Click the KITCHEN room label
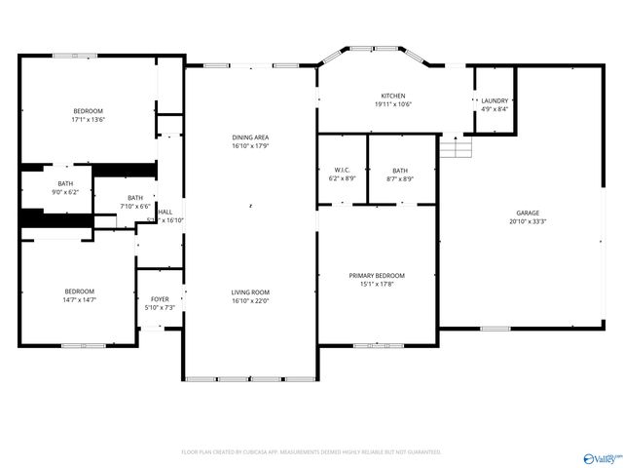[x=392, y=96]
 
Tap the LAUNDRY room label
[x=494, y=100]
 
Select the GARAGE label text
[x=528, y=213]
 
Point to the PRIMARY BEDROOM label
[x=377, y=276]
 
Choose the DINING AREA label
[x=250, y=137]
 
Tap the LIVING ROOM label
[x=250, y=292]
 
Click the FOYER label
[x=160, y=299]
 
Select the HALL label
[x=166, y=212]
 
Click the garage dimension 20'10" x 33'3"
[x=528, y=221]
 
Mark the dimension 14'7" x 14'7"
[x=80, y=300]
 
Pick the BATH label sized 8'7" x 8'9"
[x=400, y=178]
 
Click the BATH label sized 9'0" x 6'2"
[x=65, y=192]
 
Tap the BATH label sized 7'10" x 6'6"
[x=134, y=206]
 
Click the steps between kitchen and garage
[x=457, y=147]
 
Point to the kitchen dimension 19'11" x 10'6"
[x=392, y=104]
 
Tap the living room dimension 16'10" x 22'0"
[x=250, y=301]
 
